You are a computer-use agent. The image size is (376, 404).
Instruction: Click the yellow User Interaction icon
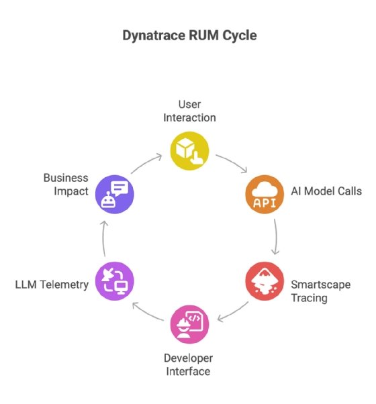[189, 149]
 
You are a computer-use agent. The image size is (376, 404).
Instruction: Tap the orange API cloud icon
[263, 193]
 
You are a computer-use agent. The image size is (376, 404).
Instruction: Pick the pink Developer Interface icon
[189, 325]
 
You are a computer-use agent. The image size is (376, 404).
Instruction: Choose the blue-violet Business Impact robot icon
[115, 193]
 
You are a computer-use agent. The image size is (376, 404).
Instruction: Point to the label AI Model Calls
[326, 191]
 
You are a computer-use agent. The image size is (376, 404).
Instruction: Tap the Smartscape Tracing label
[320, 291]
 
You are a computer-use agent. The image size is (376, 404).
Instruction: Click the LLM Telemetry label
[52, 285]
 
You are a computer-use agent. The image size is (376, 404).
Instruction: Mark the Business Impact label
[66, 185]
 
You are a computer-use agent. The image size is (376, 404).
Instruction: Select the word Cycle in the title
[238, 36]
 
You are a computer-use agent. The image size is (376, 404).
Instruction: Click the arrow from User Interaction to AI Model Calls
[231, 162]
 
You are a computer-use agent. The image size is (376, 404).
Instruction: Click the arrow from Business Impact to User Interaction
[146, 162]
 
